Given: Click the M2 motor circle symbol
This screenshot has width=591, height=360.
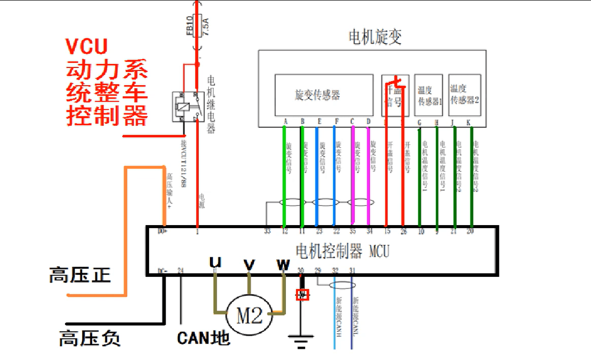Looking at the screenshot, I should (250, 316).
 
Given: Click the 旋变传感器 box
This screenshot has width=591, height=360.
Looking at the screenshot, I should (323, 95).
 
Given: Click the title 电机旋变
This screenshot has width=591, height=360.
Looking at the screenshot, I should (375, 37).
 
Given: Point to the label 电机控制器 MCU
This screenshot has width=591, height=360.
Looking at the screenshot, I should (342, 250).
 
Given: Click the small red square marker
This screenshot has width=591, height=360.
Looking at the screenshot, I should (302, 295).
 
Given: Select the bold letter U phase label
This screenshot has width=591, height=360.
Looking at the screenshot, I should (215, 262).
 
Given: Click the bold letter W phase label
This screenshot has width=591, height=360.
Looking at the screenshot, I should (283, 263).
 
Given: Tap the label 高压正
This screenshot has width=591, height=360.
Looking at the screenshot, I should (80, 275).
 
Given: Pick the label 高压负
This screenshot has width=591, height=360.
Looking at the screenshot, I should (90, 338).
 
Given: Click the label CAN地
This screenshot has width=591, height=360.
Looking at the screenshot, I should (203, 337).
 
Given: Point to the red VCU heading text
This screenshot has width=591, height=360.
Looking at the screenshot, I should (87, 46).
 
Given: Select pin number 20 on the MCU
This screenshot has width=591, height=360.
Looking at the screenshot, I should (471, 232).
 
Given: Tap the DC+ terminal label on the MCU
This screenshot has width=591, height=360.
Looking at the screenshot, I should (162, 231).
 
